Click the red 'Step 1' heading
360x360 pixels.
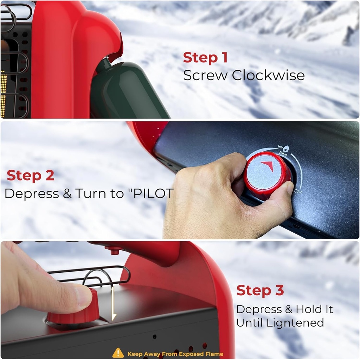pyautogui.click(x=205, y=57)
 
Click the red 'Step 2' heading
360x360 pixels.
pyautogui.click(x=31, y=175)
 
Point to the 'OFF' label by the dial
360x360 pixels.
pyautogui.click(x=298, y=192)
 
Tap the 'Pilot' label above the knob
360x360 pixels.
pyautogui.click(x=283, y=154)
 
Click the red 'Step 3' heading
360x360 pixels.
pyautogui.click(x=260, y=291)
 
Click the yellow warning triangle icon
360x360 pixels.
pyautogui.click(x=118, y=353)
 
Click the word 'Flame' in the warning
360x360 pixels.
pyautogui.click(x=215, y=354)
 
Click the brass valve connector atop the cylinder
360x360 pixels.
pyautogui.click(x=105, y=63)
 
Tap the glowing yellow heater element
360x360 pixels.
pyautogui.click(x=4, y=94)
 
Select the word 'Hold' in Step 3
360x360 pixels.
pyautogui.click(x=308, y=309)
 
